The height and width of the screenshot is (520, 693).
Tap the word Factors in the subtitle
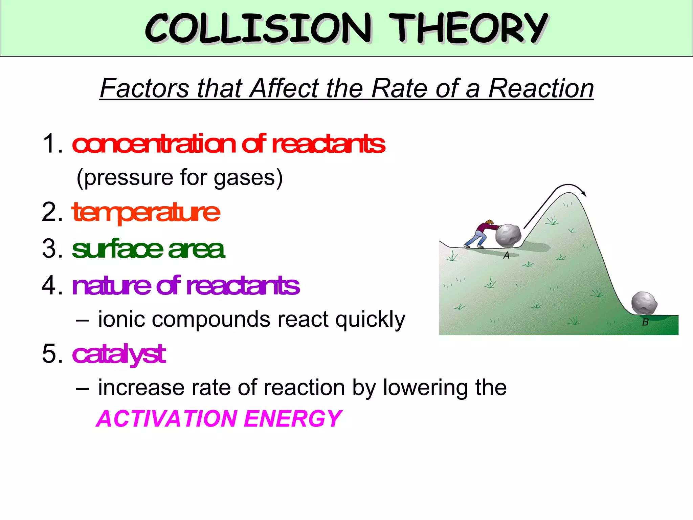(x=144, y=88)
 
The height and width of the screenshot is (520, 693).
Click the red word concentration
(x=154, y=144)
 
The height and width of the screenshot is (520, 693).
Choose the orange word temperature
(x=146, y=213)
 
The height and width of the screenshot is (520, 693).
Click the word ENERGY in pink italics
(x=293, y=418)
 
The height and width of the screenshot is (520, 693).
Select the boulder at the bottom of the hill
(x=644, y=303)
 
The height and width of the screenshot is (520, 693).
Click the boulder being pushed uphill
(x=508, y=235)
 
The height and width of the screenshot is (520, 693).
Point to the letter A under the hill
(x=506, y=255)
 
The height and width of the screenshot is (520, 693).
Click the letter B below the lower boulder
(x=645, y=322)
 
